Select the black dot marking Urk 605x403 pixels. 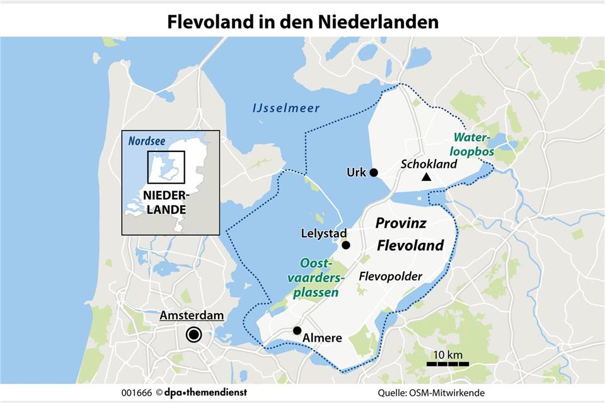coord(374,172)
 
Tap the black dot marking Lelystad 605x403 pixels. coord(345,245)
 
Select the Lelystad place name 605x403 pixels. coord(320,233)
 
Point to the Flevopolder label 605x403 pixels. coord(390,276)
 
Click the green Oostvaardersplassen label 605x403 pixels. coord(318,277)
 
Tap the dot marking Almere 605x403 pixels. coord(297,330)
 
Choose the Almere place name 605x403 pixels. coord(322,338)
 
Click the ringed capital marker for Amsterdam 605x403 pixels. coord(193,336)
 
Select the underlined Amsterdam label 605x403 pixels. coord(192,315)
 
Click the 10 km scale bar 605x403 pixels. coord(447,364)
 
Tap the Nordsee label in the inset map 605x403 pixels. coord(146,141)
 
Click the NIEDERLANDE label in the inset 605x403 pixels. coord(166,202)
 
